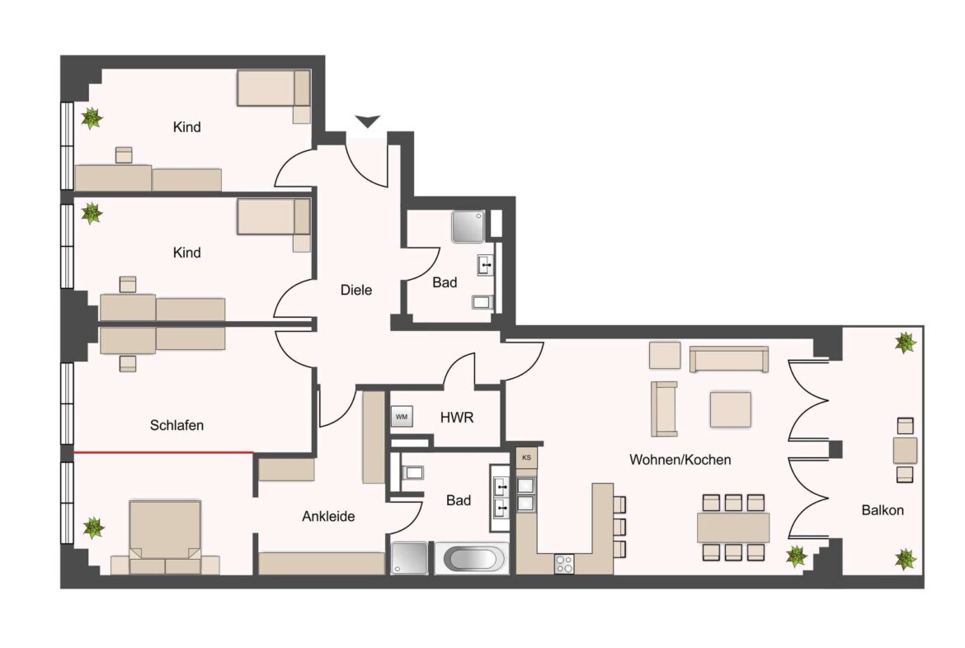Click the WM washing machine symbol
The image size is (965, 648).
coord(402,417)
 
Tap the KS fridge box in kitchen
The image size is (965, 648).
coord(526,456)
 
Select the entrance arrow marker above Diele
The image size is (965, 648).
coord(368,122)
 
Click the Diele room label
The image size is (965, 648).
coord(356,291)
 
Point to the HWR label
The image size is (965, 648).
coord(457,418)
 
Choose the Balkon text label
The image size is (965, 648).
coord(883,510)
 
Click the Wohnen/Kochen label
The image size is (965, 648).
coord(680,460)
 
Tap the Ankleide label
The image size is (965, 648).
coord(328,517)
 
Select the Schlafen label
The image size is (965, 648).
coord(177,426)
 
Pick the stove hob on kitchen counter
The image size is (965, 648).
coord(566,565)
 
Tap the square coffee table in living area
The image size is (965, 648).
coord(731,409)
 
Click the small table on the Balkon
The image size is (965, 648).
coord(905,451)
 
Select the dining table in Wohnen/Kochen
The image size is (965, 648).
coord(733,527)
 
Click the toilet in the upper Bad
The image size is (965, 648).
coord(482,302)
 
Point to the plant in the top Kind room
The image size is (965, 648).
coord(92,119)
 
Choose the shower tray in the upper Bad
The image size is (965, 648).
coord(467,226)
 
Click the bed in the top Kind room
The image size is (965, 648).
coord(273,88)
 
